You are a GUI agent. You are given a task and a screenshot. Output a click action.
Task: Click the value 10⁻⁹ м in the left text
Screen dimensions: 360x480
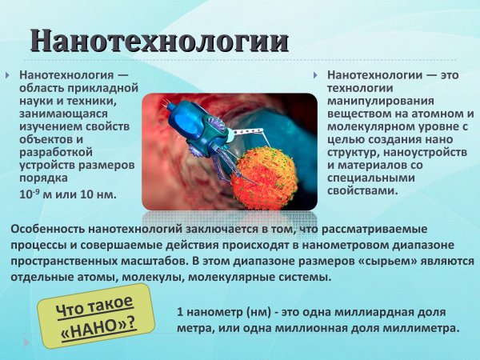pyautogui.click(x=38, y=194)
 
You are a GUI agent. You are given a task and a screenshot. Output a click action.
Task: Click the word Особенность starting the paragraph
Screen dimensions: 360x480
pyautogui.click(x=47, y=230)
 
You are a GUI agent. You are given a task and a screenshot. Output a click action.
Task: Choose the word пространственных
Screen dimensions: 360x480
pyautogui.click(x=69, y=261)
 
